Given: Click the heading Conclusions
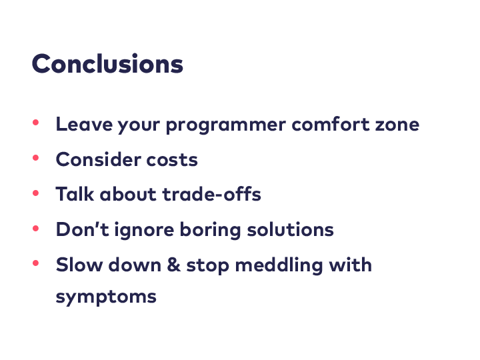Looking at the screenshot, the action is pos(107,64).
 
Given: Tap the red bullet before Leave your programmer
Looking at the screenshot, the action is pos(35,123).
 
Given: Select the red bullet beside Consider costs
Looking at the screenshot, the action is pos(35,157).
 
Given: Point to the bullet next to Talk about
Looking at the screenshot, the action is pos(35,193).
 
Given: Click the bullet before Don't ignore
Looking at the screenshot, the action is pos(35,228).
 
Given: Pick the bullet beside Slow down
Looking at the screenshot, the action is pos(35,263).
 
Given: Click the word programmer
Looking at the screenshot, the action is pos(226,125).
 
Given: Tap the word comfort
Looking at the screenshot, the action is pos(331,124).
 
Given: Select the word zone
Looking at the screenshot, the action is pos(397,125).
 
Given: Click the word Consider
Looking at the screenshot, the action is pos(98,159).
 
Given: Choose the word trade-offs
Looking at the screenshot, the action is pos(211,194).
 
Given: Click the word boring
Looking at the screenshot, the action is pos(210,230).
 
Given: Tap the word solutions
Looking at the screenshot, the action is pos(290,229).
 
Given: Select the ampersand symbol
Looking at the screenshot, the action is pos(173,265).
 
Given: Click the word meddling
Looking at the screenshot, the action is pos(279,265).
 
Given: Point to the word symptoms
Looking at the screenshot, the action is pos(106,297).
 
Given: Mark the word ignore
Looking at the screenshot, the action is pos(144,230).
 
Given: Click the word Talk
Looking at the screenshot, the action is pos(75,194).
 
